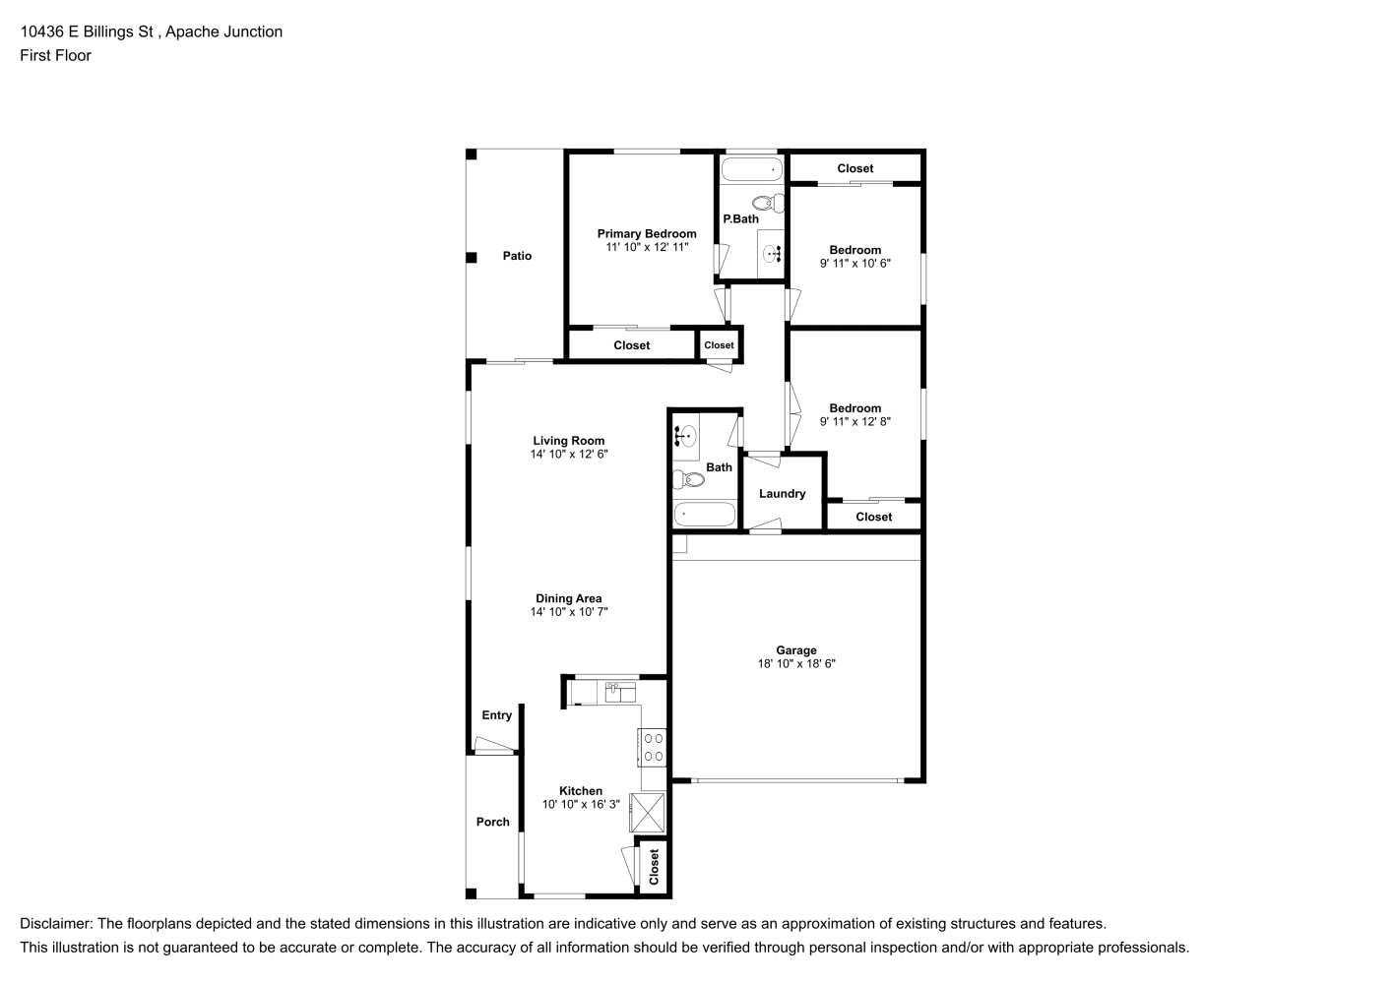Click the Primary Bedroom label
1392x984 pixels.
point(646,233)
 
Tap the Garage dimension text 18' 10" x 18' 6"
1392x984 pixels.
point(796,663)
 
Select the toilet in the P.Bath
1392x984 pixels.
point(769,203)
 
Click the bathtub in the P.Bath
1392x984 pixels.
point(752,169)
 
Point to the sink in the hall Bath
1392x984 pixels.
point(685,437)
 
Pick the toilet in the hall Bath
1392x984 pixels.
point(688,479)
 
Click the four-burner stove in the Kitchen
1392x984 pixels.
point(652,747)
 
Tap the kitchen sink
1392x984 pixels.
point(620,692)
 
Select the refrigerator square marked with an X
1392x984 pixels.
point(647,812)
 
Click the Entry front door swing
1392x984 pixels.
point(494,744)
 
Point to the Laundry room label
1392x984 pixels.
point(782,493)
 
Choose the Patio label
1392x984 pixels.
point(517,255)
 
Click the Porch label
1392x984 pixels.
point(493,822)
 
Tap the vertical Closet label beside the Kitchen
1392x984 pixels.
point(654,867)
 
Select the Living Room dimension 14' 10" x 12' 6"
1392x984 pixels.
point(569,454)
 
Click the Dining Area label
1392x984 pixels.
point(569,598)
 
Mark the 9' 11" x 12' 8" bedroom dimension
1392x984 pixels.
point(855,422)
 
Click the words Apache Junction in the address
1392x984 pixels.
point(223,31)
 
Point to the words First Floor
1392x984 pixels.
point(55,55)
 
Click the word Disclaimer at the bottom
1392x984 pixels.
point(56,924)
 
